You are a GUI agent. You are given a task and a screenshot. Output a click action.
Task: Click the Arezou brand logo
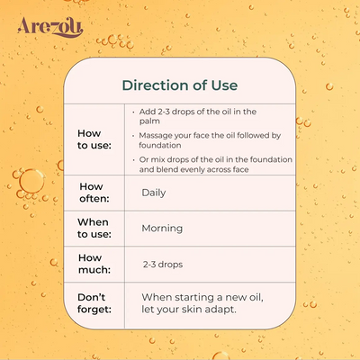tap(50, 27)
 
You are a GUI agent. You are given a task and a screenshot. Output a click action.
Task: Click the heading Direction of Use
tap(180, 85)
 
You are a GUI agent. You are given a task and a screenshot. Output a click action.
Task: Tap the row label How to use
tap(94, 139)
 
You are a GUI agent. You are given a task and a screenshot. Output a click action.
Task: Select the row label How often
tap(94, 193)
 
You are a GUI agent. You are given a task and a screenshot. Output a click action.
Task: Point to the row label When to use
tap(94, 228)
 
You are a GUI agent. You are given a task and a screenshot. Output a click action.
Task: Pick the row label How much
tap(94, 264)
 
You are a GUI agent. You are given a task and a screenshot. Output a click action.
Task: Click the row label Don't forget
tap(94, 303)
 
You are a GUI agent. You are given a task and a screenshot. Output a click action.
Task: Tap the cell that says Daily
tap(154, 193)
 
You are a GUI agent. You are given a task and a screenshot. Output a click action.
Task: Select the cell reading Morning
tap(162, 229)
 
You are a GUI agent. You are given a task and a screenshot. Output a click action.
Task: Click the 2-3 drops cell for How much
tap(163, 265)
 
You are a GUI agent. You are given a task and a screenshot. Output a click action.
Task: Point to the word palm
tap(149, 121)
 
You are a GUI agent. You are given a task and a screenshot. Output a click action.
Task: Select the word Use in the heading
tap(224, 85)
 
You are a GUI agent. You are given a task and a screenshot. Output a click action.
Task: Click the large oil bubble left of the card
tap(31, 182)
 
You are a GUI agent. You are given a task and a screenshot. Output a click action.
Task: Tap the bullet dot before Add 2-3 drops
tap(133, 112)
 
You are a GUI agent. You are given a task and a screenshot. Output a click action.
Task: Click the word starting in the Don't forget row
tap(194, 298)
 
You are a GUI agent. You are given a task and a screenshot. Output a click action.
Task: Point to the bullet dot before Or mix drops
tap(133, 160)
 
